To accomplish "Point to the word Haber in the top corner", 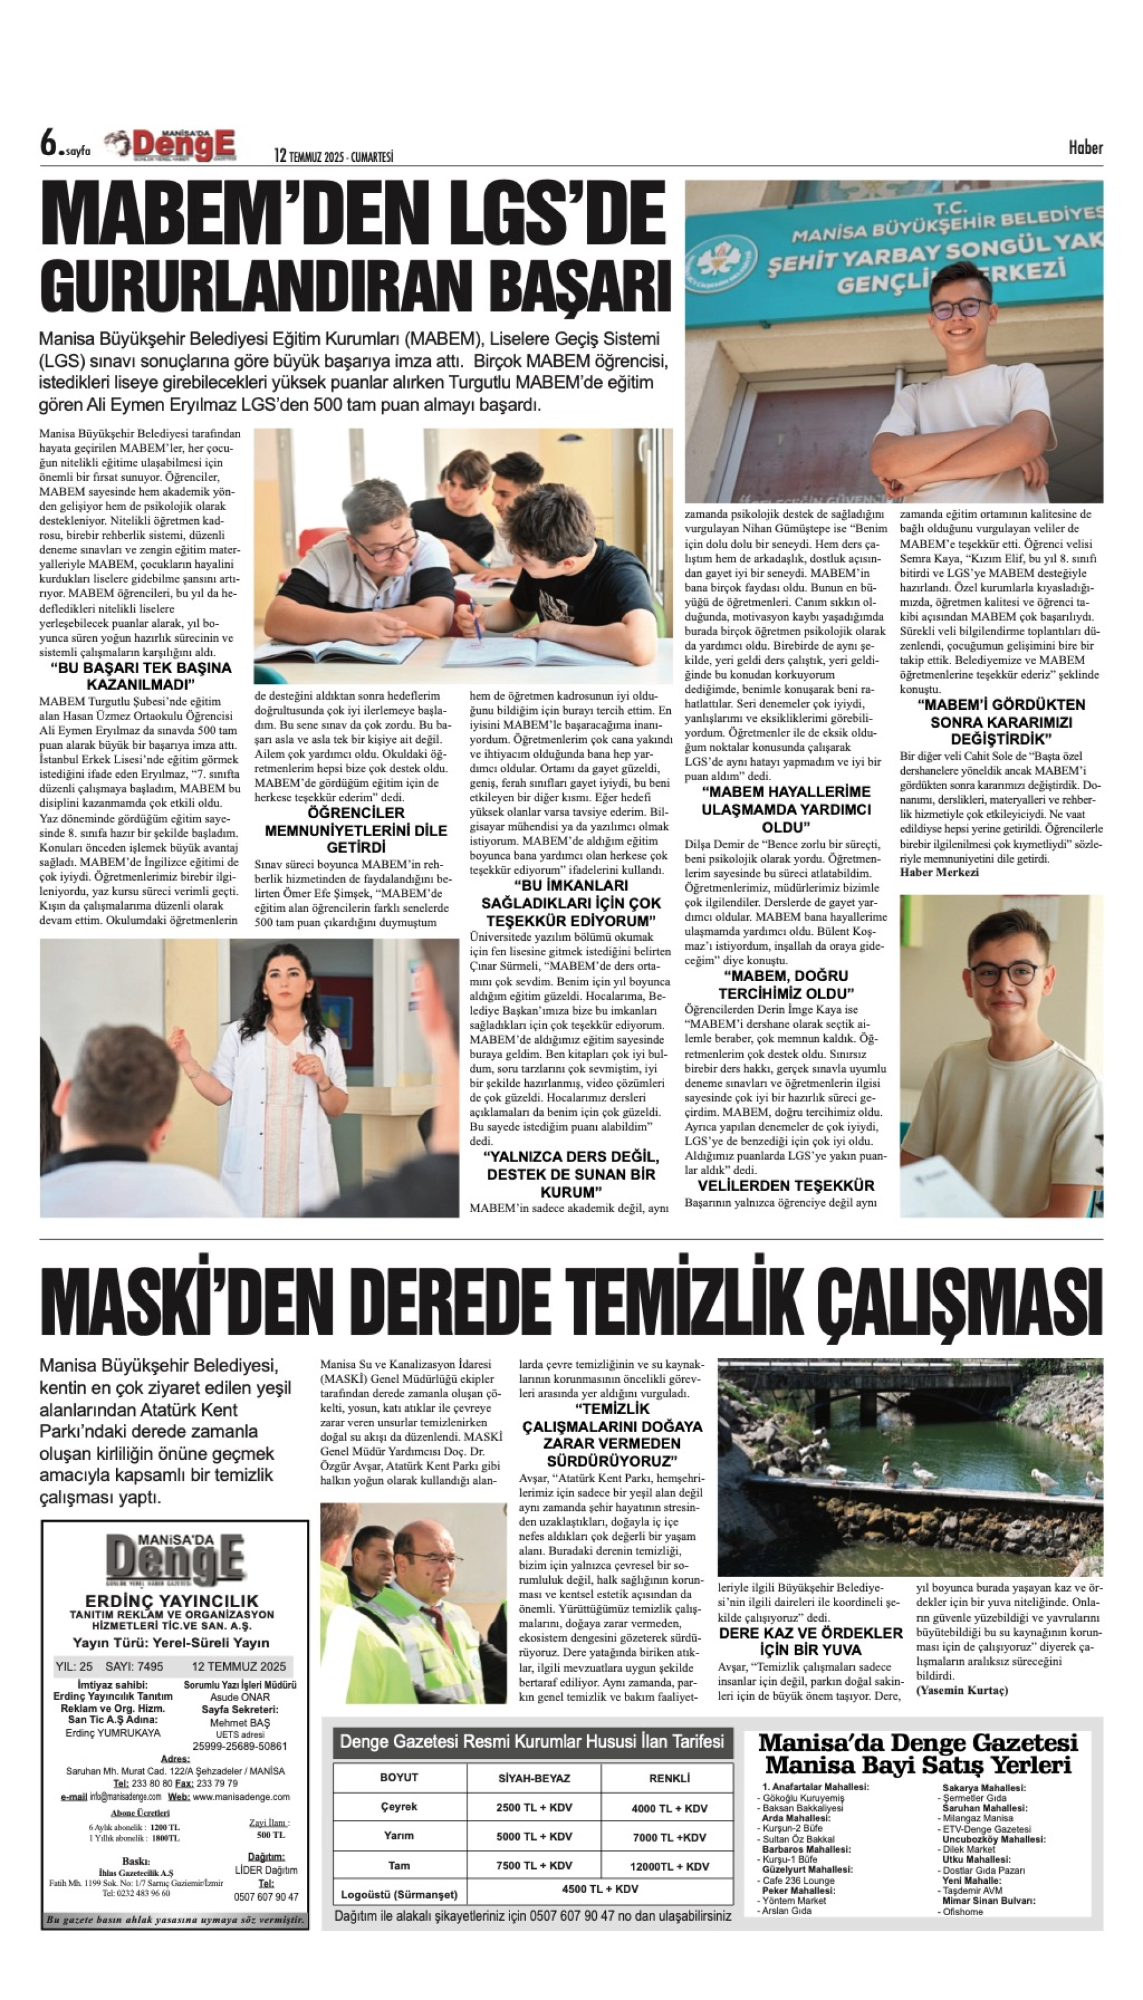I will (x=1085, y=147).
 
